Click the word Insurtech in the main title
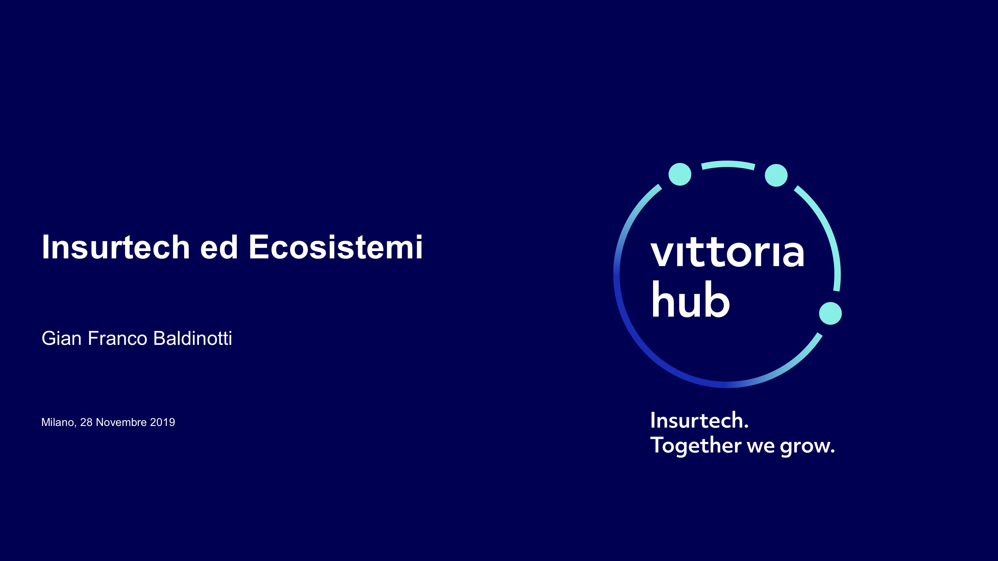(x=116, y=247)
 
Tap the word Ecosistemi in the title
(x=336, y=247)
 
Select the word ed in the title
(x=219, y=247)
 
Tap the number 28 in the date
(x=86, y=422)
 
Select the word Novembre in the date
(x=121, y=422)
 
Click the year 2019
(x=162, y=422)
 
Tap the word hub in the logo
(x=690, y=299)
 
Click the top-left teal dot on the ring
(x=680, y=174)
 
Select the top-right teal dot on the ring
(x=776, y=175)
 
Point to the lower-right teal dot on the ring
(x=830, y=313)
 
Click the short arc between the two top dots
(x=728, y=164)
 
